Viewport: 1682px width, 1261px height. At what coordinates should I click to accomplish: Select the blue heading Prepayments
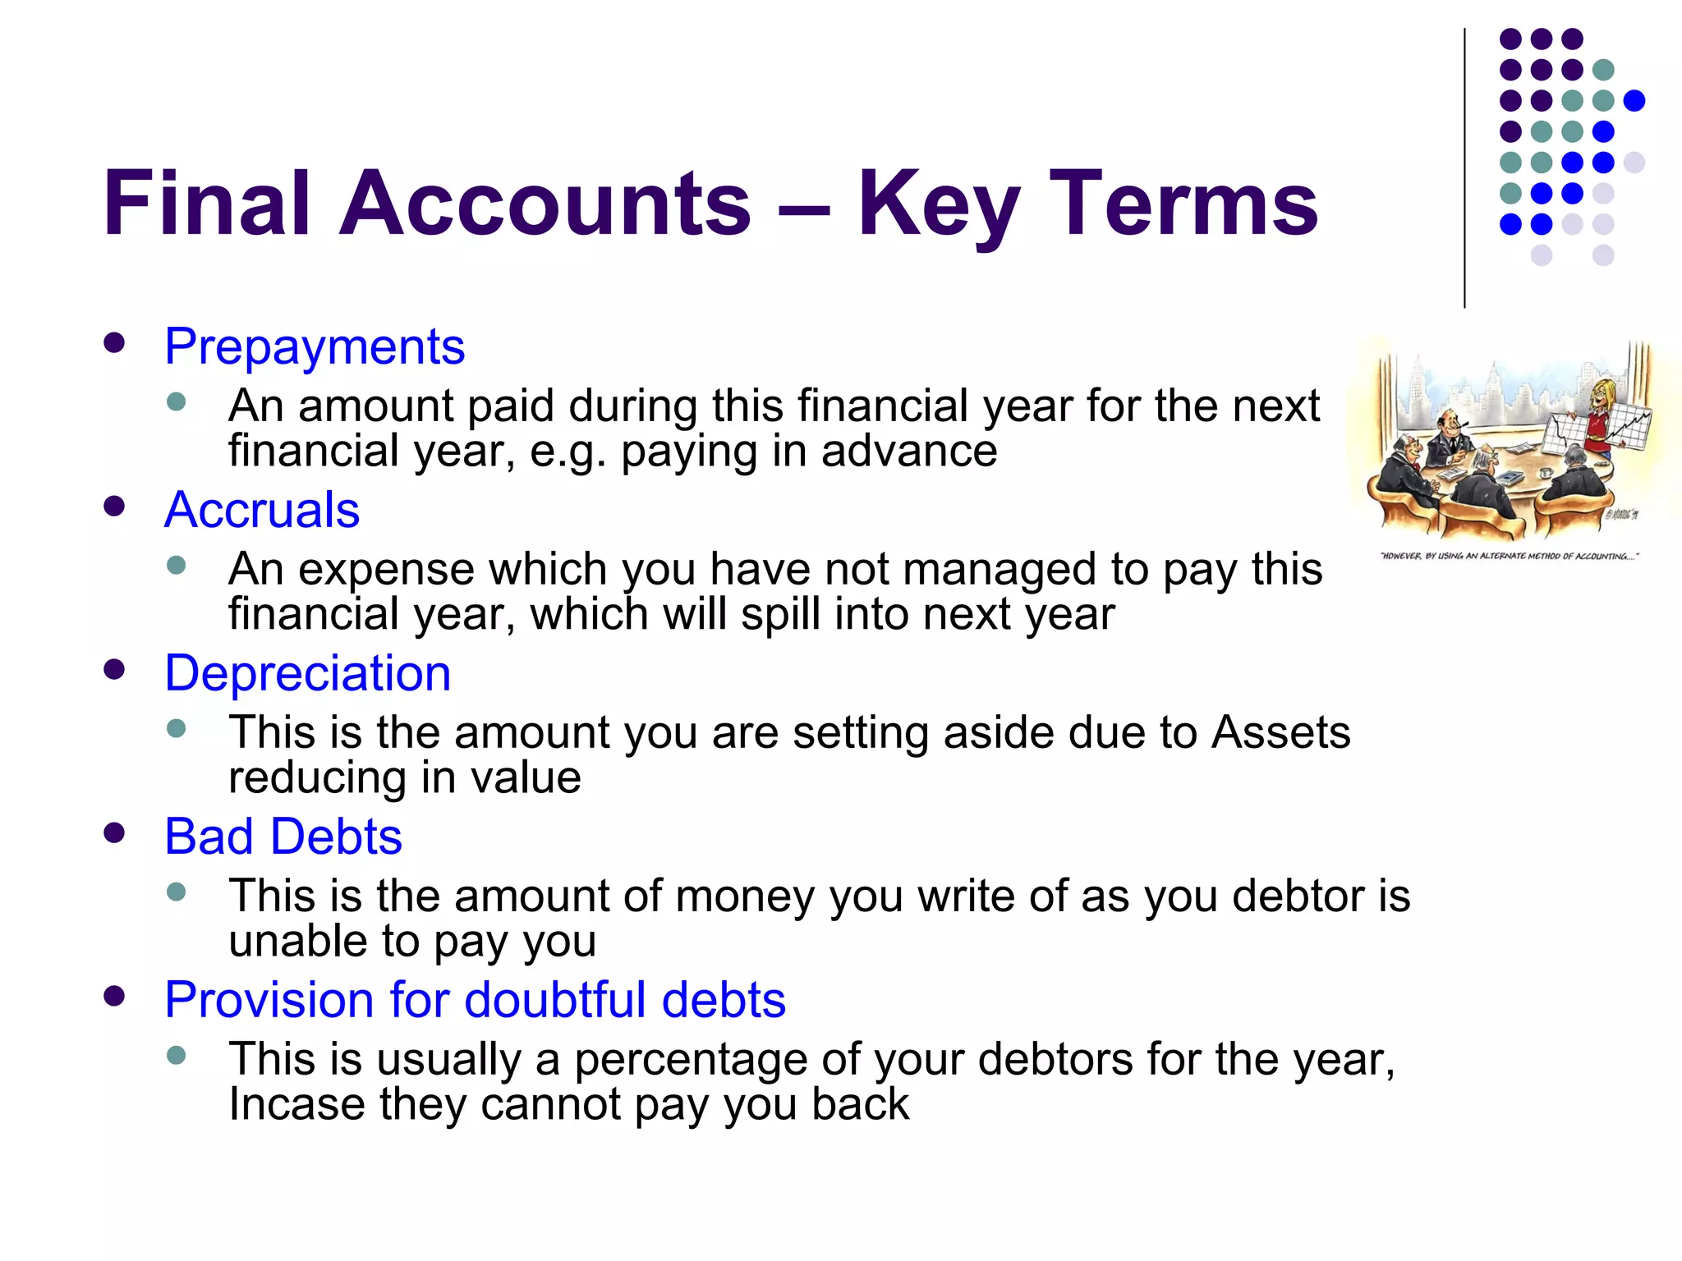click(315, 346)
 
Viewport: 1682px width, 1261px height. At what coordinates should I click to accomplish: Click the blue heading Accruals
click(262, 510)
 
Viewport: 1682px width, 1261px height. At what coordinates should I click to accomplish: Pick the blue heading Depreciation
click(308, 673)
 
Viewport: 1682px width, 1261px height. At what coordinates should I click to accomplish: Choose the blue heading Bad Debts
click(283, 837)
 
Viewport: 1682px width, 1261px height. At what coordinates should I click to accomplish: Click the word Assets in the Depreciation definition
click(1280, 732)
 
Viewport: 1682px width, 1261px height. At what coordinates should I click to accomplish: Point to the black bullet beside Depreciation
click(115, 669)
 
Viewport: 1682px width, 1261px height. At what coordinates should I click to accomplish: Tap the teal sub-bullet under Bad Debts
click(176, 892)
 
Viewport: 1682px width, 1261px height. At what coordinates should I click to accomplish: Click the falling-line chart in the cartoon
click(1562, 433)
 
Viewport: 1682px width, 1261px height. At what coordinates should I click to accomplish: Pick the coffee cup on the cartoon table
click(1545, 473)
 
